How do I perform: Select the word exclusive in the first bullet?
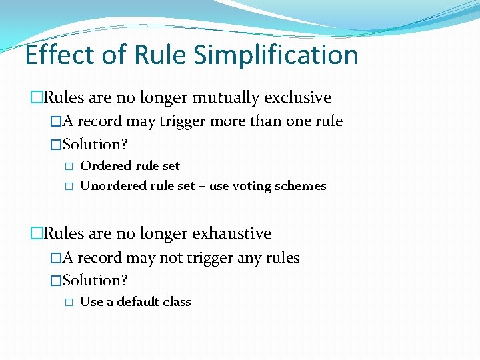click(297, 98)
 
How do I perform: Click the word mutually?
click(226, 98)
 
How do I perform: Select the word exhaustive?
click(231, 234)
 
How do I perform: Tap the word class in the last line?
click(177, 302)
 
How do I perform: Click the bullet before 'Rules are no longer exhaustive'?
click(37, 234)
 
